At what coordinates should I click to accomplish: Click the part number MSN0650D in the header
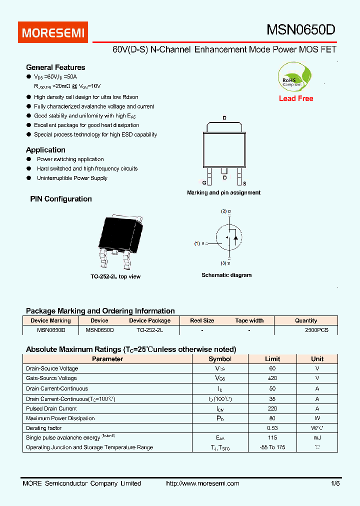300,30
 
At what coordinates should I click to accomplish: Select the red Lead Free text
296,98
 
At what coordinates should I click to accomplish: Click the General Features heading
55,67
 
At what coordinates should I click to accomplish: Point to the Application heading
45,150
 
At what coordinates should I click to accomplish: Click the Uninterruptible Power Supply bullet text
72,178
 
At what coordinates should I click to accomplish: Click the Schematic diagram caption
226,275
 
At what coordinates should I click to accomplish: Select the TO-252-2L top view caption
115,276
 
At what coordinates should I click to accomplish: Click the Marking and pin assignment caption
223,192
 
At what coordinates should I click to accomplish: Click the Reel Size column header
202,320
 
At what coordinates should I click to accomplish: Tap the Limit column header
272,359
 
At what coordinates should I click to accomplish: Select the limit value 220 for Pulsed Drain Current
272,408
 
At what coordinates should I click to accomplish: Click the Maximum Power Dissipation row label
60,418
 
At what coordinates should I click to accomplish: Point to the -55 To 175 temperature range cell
272,447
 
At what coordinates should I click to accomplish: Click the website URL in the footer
202,483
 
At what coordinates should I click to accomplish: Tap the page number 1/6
334,483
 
